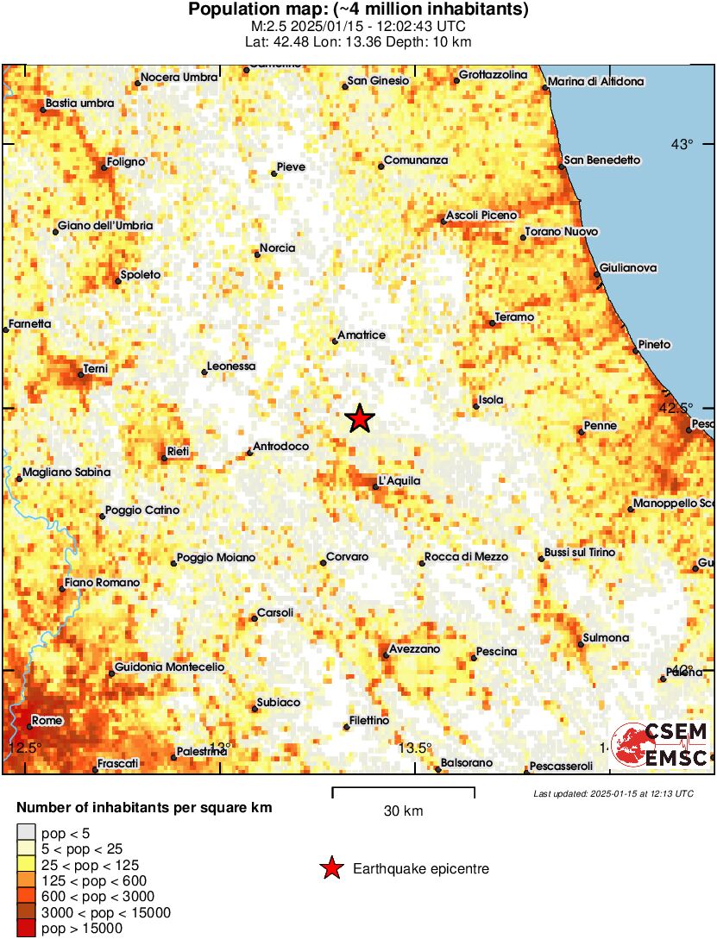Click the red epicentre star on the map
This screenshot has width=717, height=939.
tap(360, 419)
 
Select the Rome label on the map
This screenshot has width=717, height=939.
tap(46, 721)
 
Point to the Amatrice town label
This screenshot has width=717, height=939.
tap(362, 335)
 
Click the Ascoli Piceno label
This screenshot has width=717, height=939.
tap(481, 215)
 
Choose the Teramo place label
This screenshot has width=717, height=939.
tap(515, 316)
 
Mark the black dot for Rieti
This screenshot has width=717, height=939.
tap(164, 458)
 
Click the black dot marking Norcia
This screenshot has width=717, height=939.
tap(257, 254)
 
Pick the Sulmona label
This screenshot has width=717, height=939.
tap(607, 638)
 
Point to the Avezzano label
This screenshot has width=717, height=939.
tap(414, 648)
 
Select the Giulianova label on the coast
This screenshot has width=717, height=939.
tap(628, 268)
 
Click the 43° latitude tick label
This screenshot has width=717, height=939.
tap(682, 144)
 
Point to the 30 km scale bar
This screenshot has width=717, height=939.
tap(403, 788)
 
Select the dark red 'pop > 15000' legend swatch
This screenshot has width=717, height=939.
tap(27, 928)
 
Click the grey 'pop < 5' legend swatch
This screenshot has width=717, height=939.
tap(27, 833)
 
